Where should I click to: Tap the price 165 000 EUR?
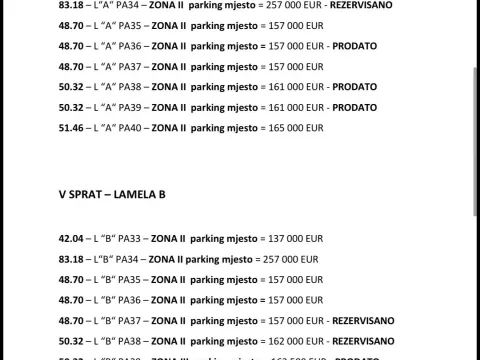297,128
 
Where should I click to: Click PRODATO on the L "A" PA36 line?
354,46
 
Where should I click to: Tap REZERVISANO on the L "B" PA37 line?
369,320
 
